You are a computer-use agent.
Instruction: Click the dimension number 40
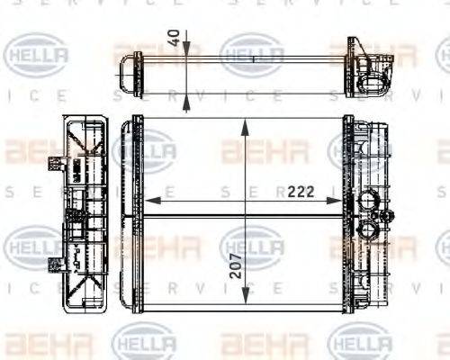coord(173,41)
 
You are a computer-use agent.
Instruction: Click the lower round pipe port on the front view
coord(367,231)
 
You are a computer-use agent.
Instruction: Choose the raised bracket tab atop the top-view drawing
coord(357,47)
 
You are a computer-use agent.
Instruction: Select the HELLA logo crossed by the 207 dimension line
coord(252,245)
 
